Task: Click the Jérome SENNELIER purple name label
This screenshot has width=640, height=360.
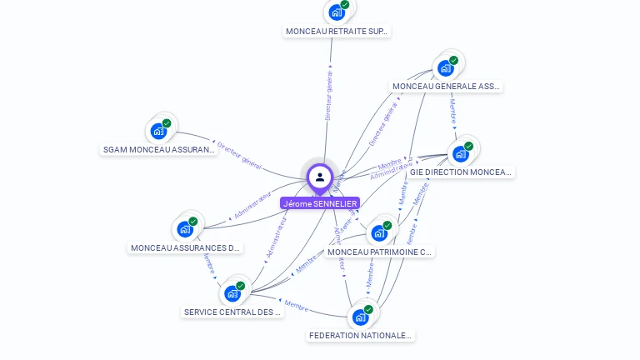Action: point(320,203)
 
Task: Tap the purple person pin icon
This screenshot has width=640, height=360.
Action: point(320,177)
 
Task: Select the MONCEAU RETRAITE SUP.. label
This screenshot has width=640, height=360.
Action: point(337,32)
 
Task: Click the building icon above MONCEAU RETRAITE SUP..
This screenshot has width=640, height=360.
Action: point(337,12)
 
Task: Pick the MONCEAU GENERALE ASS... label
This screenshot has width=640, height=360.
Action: point(446,86)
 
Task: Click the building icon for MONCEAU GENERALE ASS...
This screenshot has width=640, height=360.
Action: point(446,68)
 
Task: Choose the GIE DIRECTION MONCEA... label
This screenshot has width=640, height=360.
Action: point(461,172)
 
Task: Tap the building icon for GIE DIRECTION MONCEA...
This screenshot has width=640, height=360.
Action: point(461,154)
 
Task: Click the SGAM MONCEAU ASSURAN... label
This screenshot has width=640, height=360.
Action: point(158,150)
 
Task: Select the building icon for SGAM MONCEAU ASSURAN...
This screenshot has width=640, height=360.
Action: point(158,131)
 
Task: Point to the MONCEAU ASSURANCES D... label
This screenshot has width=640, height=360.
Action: point(185,247)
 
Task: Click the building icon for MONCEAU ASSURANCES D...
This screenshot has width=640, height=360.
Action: point(185,229)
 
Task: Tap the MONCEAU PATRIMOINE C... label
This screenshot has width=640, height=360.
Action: point(380,252)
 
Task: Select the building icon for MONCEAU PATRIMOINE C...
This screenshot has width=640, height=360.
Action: point(380,232)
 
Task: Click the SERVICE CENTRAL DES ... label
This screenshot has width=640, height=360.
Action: point(232,312)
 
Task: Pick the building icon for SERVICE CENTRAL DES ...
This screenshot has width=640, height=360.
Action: point(232,293)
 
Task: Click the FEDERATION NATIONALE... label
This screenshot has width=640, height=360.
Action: point(360,336)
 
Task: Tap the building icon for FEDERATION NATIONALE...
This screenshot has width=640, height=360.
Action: point(360,317)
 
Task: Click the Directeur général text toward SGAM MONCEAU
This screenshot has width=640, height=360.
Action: point(239,156)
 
